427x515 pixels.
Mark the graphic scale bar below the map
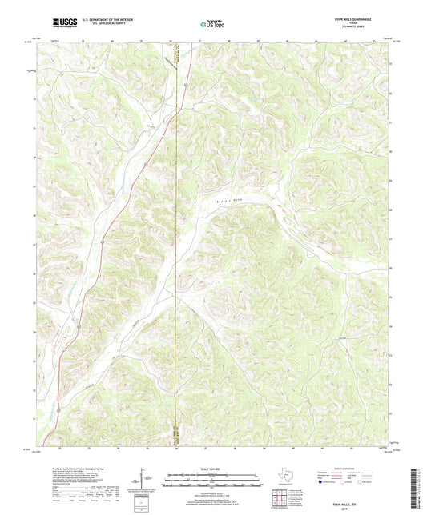point(213,481)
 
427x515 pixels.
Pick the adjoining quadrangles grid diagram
point(281,499)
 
